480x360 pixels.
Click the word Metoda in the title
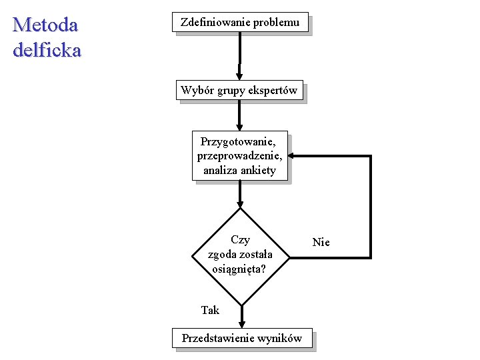[x=45, y=25]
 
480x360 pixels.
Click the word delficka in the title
[x=47, y=50]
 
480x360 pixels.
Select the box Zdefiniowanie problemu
[x=240, y=22]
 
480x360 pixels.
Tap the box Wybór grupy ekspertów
[x=239, y=90]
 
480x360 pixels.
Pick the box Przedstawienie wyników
[x=242, y=339]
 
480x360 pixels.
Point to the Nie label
[x=321, y=242]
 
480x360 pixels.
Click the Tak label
[x=210, y=310]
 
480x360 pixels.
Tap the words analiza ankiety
[x=239, y=170]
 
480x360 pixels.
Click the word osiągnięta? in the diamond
[x=239, y=269]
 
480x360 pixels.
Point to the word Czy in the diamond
[x=240, y=240]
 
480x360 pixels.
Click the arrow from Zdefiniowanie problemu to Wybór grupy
[x=240, y=57]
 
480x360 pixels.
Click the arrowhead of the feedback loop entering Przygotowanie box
[x=293, y=156]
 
